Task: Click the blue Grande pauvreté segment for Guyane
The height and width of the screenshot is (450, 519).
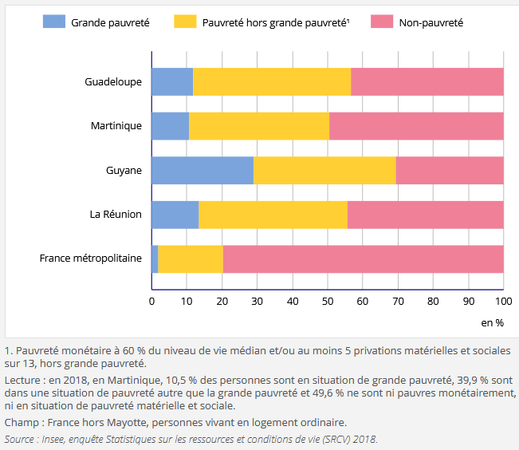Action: (x=202, y=171)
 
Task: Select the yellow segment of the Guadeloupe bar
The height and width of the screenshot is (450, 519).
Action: (x=272, y=82)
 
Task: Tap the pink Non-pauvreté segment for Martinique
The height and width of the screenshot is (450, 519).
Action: (x=416, y=126)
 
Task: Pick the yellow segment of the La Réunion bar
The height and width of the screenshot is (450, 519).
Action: (x=273, y=215)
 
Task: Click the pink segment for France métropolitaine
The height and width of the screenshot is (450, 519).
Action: (x=363, y=259)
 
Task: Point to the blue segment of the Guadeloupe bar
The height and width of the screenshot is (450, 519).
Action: (x=172, y=82)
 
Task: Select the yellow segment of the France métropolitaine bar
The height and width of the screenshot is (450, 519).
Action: (x=191, y=259)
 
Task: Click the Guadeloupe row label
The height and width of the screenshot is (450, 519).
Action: (x=113, y=82)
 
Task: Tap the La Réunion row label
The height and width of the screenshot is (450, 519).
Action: (x=116, y=214)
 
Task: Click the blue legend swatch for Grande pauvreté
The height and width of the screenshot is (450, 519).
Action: (x=53, y=22)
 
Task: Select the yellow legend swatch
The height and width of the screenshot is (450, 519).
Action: (x=185, y=22)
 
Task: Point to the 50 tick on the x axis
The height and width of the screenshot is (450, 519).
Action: (x=327, y=302)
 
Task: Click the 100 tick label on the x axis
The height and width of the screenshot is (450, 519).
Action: (x=503, y=302)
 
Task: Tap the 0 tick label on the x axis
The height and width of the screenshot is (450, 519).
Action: (x=151, y=302)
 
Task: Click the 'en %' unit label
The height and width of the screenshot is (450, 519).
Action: (x=493, y=322)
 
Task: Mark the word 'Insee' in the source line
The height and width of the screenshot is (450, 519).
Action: (x=57, y=439)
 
